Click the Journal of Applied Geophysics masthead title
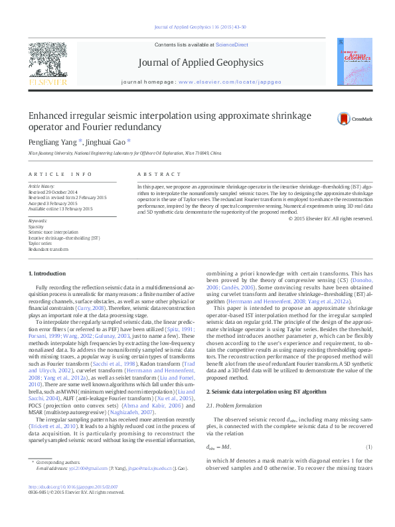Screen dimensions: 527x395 point(200,62)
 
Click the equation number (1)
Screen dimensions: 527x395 point(369,447)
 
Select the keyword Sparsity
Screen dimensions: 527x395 point(36,226)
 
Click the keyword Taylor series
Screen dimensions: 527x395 point(40,244)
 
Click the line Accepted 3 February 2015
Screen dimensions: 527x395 point(57,203)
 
